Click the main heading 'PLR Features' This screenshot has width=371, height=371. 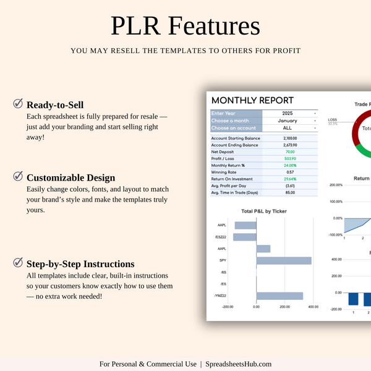coord(185,27)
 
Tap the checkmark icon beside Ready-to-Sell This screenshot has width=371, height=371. coord(18,104)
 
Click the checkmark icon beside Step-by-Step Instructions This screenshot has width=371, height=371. coord(18,263)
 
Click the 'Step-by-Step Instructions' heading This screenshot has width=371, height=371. coord(80,263)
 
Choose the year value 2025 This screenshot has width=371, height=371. coord(287,113)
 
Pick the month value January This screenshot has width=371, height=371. coord(288,121)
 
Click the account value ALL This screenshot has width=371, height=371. coord(288,128)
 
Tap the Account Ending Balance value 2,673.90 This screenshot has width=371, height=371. coord(290,145)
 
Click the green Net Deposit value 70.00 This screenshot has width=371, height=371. coord(290,151)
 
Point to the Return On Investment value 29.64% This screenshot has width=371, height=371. coord(290,179)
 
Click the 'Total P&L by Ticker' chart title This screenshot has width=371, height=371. coord(263,211)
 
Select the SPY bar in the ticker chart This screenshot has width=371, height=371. coord(284,260)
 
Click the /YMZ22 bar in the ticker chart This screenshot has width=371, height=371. coord(279,296)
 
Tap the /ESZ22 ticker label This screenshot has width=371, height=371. coord(220,237)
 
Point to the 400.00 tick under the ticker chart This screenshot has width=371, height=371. coord(313,306)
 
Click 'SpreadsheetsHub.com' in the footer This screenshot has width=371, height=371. coord(239,364)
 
